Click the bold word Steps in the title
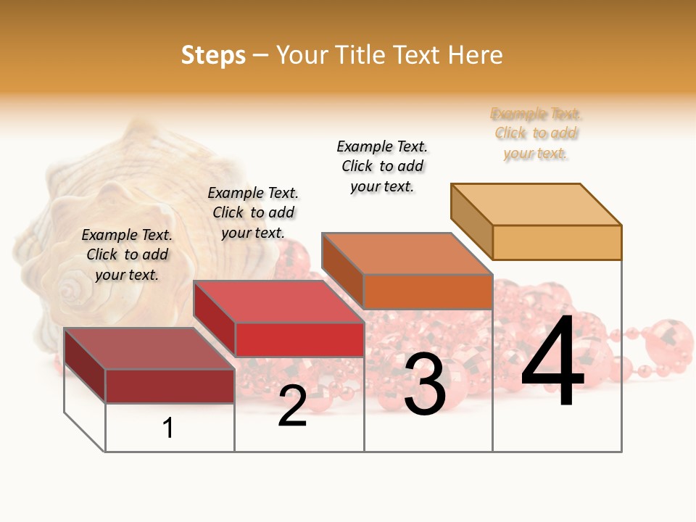pyautogui.click(x=212, y=55)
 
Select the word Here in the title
pyautogui.click(x=475, y=55)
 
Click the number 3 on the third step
pyautogui.click(x=425, y=384)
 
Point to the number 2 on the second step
pyautogui.click(x=292, y=405)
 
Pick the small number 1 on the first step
pyautogui.click(x=168, y=428)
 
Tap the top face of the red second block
pyautogui.click(x=278, y=301)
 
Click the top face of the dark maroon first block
pyautogui.click(x=149, y=348)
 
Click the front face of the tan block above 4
pyautogui.click(x=557, y=242)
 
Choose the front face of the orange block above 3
pyautogui.click(x=428, y=291)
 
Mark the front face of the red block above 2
pyautogui.click(x=299, y=339)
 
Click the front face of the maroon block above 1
pyautogui.click(x=170, y=386)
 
